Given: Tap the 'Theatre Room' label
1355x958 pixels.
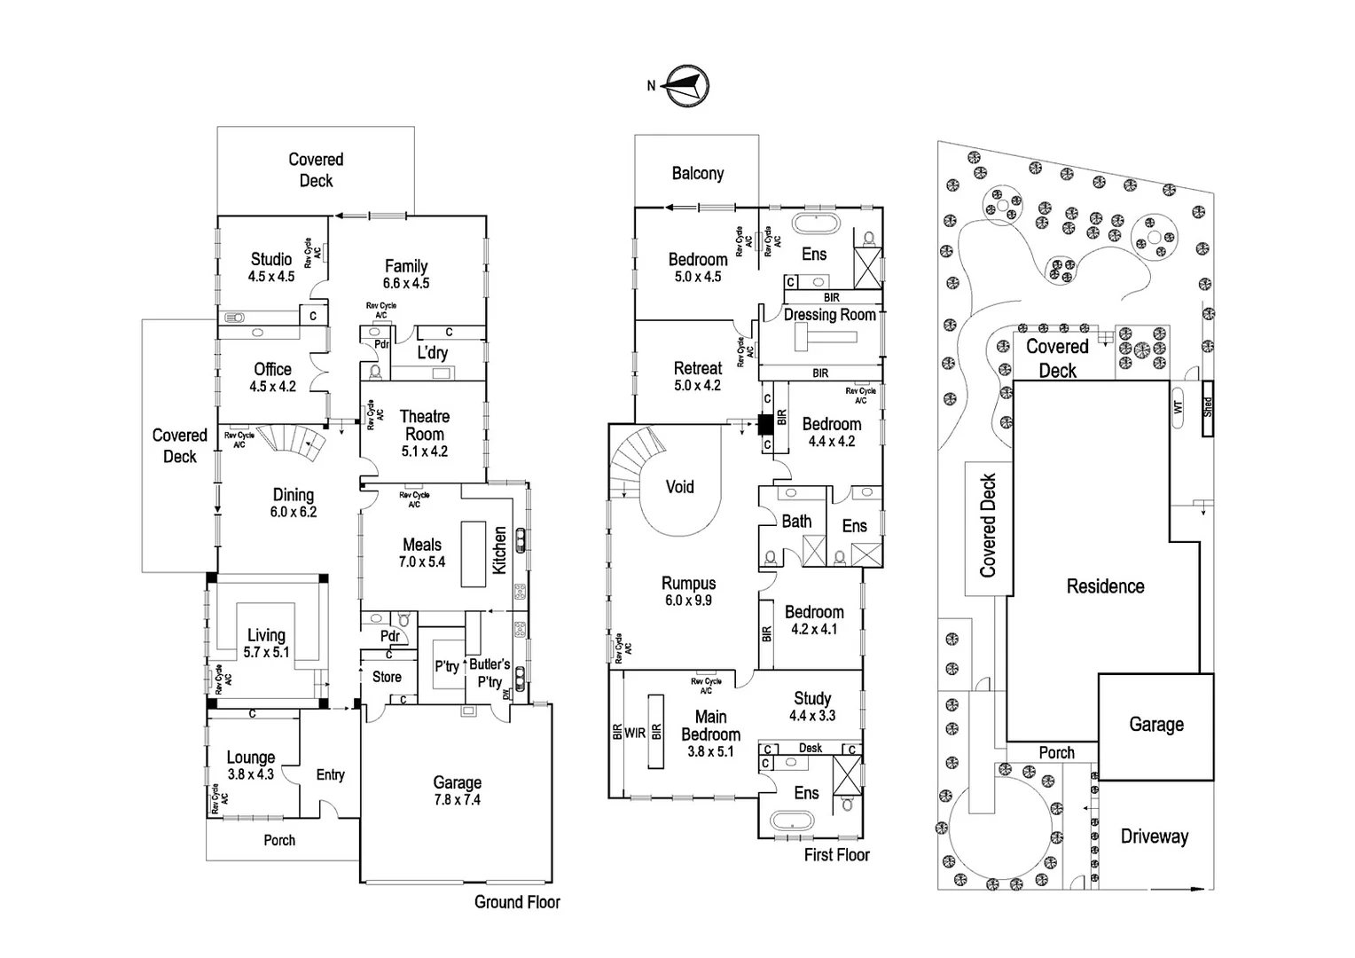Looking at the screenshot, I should (425, 425).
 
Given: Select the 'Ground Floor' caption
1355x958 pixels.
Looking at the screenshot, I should (517, 902).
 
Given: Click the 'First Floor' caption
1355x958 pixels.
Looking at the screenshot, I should (836, 855).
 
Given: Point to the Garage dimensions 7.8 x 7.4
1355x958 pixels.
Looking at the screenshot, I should (457, 799).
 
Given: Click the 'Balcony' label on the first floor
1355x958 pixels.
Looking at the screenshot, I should (697, 173).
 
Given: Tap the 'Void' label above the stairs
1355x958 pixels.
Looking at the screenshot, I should (679, 486).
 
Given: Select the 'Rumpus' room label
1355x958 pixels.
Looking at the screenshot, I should (688, 583).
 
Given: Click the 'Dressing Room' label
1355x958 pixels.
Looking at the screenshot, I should (829, 315).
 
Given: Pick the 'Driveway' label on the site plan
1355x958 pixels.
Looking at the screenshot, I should (1154, 836).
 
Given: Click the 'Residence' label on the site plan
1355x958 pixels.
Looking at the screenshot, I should (1105, 586).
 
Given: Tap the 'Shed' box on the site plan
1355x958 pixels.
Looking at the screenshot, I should (1207, 408).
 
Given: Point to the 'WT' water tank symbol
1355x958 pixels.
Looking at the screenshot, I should (1179, 408).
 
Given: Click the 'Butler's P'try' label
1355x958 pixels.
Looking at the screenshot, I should (490, 672).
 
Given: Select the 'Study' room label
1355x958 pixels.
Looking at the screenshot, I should (812, 698).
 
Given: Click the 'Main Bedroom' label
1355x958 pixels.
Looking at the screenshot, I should (710, 726).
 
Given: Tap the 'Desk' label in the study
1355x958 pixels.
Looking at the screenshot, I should (811, 748).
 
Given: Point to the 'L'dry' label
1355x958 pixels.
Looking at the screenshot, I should (432, 352).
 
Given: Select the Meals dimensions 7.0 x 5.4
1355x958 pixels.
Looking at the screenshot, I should (422, 561).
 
